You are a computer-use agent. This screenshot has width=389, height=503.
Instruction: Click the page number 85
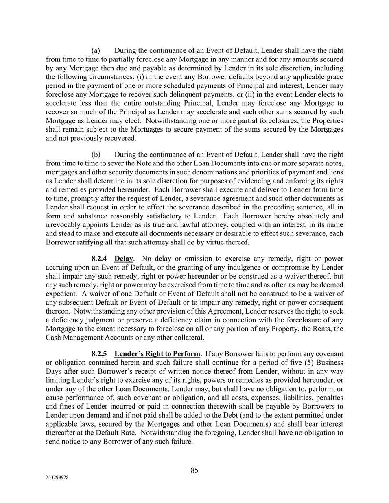[194, 470]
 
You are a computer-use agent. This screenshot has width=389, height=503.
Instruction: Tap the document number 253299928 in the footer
[57, 478]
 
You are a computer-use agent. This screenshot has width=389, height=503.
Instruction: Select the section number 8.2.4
[100, 259]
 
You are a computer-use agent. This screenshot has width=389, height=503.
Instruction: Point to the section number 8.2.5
[100, 354]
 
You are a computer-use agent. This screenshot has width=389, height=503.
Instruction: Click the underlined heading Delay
[124, 259]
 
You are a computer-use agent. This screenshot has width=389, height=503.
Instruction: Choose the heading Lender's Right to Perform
[157, 354]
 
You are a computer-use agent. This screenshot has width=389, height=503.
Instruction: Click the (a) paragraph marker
[96, 50]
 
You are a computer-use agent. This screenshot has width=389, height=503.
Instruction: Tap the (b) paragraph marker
[96, 155]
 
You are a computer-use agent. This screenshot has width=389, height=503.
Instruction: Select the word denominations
[190, 172]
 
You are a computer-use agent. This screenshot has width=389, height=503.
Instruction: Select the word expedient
[61, 294]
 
